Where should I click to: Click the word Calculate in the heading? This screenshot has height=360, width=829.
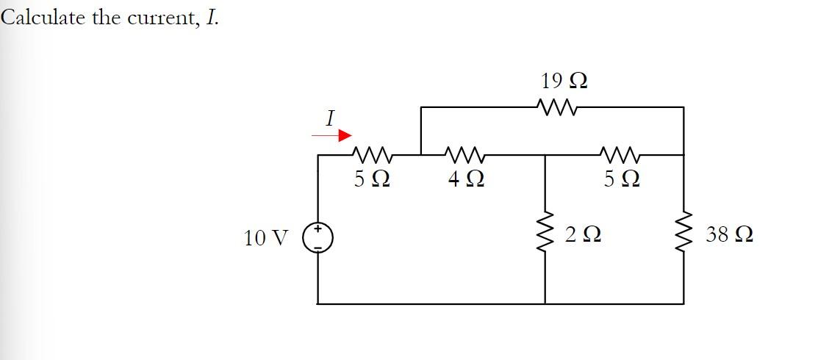click(43, 18)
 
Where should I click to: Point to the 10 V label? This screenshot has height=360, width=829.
click(265, 237)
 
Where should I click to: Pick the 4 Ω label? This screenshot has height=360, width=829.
click(465, 179)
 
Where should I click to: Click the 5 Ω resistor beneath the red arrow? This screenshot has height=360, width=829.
click(373, 154)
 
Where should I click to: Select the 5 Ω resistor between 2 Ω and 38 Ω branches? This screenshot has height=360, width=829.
click(621, 154)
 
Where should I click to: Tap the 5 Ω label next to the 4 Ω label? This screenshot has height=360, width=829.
click(372, 179)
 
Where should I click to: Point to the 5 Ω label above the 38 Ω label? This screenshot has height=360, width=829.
click(621, 179)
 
